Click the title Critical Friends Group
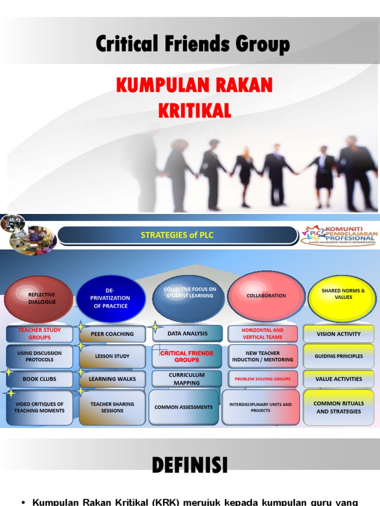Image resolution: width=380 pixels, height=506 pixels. click(x=192, y=44)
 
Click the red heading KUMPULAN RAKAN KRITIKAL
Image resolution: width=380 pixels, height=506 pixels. click(x=194, y=97)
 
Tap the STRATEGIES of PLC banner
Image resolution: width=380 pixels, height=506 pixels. click(x=177, y=235)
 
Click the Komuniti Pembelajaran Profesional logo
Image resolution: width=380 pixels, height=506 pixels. click(x=338, y=236)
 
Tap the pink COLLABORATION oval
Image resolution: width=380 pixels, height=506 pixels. click(x=266, y=295)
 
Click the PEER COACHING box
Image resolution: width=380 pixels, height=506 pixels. click(x=112, y=334)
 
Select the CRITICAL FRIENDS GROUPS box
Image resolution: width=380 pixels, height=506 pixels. click(x=187, y=356)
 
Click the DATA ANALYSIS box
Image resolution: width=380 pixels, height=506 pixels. click(x=188, y=334)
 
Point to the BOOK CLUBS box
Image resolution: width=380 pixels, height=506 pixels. click(x=40, y=379)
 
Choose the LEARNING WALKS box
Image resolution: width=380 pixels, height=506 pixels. click(x=112, y=379)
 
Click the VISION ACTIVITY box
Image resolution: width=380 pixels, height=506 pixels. click(x=338, y=334)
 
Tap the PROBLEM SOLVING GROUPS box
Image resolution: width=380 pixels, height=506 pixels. click(x=263, y=379)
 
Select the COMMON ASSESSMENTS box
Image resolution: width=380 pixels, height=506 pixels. click(x=184, y=407)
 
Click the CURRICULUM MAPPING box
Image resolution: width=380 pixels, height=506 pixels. click(x=187, y=379)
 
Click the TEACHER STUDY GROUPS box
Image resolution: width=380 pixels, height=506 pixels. click(x=40, y=334)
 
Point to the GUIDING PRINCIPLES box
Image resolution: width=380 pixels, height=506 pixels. click(x=338, y=356)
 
